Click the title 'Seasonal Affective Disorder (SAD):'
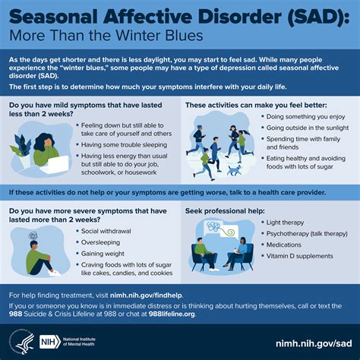click(179, 14)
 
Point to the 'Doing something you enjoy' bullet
click(308, 116)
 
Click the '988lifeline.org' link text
click(273, 313)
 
